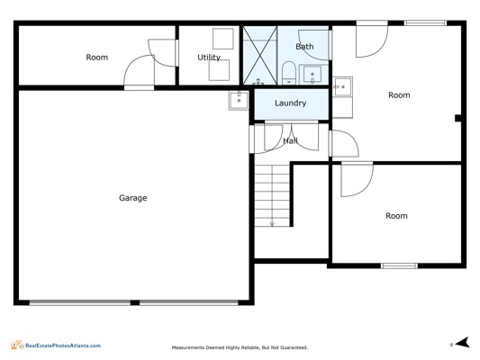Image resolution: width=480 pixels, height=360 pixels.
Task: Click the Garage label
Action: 133,198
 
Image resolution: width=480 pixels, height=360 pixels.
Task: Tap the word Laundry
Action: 291,103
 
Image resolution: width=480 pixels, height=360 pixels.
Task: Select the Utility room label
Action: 209,58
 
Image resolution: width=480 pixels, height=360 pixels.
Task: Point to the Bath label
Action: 304,47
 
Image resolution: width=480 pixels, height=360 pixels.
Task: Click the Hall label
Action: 290,140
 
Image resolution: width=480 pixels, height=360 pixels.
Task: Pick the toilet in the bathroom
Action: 288,73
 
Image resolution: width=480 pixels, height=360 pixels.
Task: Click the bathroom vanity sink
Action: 312,74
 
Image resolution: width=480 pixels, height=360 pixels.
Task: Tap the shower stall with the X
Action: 260,56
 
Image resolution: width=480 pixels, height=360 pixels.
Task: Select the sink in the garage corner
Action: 239,100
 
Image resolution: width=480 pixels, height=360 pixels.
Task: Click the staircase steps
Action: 272,195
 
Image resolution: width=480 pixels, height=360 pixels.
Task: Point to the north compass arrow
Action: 462,343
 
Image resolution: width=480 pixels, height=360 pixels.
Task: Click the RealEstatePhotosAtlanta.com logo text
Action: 63,346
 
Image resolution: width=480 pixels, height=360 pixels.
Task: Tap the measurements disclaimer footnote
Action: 240,347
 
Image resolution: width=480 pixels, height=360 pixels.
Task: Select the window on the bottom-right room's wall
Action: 399,265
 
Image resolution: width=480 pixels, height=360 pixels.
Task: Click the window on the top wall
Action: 425,22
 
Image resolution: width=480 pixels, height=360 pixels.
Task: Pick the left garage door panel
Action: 80,302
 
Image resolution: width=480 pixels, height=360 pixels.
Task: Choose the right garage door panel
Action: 189,302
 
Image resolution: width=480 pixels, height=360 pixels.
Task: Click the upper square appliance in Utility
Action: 223,39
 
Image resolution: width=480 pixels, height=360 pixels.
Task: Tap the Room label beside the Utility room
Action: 96,58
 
